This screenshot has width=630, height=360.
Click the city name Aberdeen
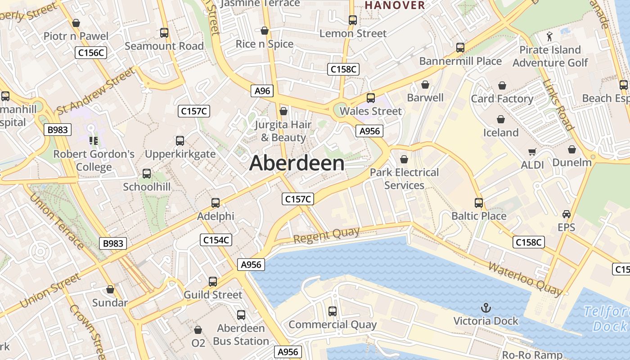[297, 163]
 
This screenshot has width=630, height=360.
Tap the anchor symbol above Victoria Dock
[486, 308]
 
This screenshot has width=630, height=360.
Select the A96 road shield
[262, 91]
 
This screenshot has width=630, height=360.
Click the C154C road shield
[216, 240]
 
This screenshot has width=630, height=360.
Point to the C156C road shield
[91, 53]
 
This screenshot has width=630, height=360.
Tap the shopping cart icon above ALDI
[532, 152]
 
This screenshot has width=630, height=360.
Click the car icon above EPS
[566, 214]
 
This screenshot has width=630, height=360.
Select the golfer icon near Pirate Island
[549, 36]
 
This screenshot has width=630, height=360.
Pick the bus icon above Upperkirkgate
[180, 141]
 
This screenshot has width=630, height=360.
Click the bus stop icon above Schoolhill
[147, 174]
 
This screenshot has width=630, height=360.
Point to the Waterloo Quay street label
[525, 279]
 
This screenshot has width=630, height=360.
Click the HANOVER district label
[395, 5]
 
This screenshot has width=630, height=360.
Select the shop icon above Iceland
[500, 120]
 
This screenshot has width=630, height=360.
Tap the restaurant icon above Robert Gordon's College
[94, 141]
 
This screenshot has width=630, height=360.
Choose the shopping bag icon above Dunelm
[571, 149]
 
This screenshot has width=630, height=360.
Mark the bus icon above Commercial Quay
[333, 311]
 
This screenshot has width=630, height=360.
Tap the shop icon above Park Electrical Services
[404, 159]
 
